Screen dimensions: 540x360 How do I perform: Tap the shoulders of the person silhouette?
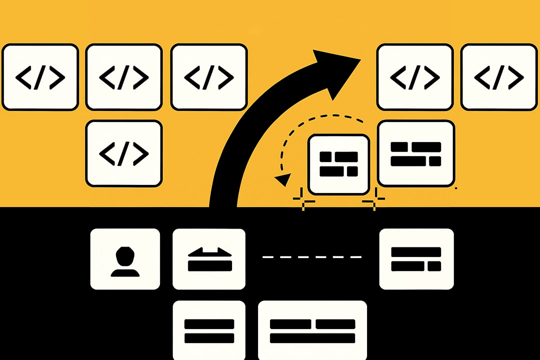(x=125, y=272)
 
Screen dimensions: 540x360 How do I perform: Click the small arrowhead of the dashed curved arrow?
(x=283, y=179)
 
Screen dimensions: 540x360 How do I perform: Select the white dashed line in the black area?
(x=312, y=257)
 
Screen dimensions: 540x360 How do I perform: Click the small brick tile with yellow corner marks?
(x=339, y=164)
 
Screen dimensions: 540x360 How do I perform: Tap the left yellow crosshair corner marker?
(x=304, y=200)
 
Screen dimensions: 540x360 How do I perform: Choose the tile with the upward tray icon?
(x=209, y=259)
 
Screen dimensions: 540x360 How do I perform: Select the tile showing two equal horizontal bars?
(x=209, y=330)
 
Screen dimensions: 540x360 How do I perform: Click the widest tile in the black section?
(x=312, y=330)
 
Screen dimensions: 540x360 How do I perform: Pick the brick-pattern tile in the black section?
(x=416, y=259)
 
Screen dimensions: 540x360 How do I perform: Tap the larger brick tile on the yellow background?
(x=416, y=153)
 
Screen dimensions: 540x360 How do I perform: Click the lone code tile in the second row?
(x=124, y=153)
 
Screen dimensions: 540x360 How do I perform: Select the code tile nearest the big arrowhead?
(x=414, y=77)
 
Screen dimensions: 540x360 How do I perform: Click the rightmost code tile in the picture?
(x=498, y=77)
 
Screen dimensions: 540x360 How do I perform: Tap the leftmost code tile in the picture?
(x=40, y=77)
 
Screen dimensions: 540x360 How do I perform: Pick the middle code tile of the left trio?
(x=124, y=77)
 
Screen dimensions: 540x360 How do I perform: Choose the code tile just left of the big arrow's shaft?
(x=209, y=77)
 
